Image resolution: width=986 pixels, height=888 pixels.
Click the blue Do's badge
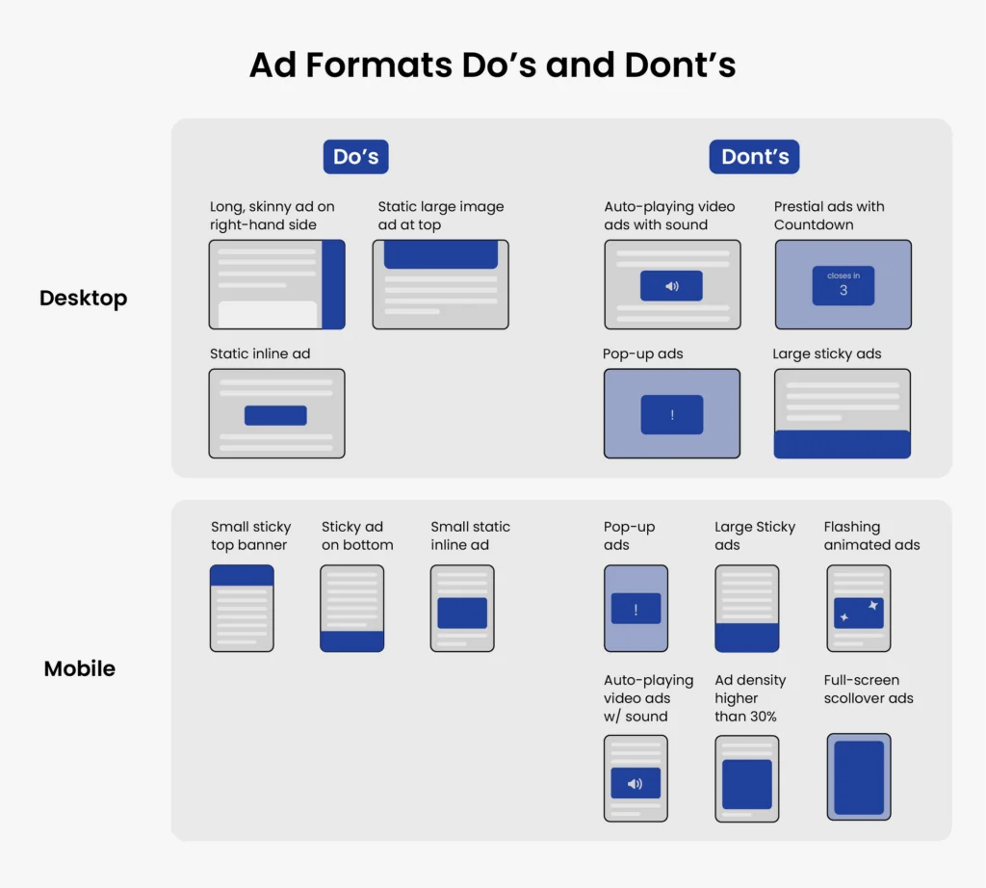click(355, 157)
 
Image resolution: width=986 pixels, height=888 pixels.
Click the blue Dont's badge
click(754, 157)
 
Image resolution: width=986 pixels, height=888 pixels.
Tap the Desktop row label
click(83, 299)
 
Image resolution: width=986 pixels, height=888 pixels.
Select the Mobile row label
click(80, 668)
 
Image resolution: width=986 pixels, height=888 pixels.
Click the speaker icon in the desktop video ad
click(671, 286)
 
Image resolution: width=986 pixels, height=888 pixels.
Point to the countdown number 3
click(843, 290)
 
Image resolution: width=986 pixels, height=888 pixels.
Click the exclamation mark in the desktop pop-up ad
click(672, 415)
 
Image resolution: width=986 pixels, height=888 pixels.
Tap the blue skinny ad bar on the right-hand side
click(333, 285)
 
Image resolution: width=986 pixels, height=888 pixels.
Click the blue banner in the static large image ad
click(441, 255)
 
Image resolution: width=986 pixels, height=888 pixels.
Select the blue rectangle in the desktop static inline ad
click(275, 415)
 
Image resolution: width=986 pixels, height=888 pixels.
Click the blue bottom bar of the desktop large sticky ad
click(843, 444)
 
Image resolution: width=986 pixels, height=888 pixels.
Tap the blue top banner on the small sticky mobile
click(242, 576)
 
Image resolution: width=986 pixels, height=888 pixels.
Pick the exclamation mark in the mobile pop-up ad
click(636, 609)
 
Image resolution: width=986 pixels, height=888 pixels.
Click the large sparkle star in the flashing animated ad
click(873, 606)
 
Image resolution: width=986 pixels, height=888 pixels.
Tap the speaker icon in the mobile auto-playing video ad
click(635, 784)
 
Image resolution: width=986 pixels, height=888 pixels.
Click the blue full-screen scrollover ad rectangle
click(859, 777)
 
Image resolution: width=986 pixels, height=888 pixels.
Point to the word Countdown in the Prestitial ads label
click(814, 224)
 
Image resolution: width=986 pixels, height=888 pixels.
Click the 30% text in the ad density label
click(759, 717)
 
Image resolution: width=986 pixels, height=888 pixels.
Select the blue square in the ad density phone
click(747, 784)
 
